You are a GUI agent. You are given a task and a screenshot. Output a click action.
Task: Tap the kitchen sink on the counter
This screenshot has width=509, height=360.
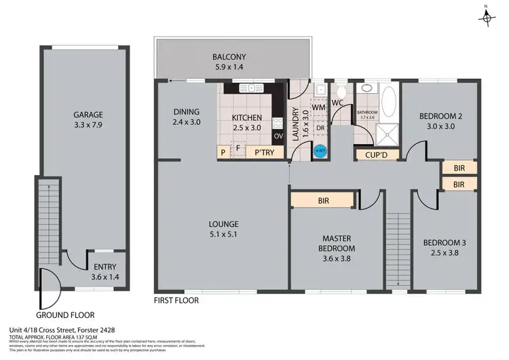click(251, 88)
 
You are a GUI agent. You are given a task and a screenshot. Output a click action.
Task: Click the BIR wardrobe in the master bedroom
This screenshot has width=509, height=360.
click(323, 200)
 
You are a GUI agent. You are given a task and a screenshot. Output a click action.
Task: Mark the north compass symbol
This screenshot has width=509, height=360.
click(486, 16)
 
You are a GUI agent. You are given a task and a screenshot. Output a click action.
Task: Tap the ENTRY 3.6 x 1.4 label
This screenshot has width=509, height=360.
click(105, 271)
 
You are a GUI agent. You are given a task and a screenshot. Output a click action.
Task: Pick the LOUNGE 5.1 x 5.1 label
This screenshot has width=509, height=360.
click(223, 229)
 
